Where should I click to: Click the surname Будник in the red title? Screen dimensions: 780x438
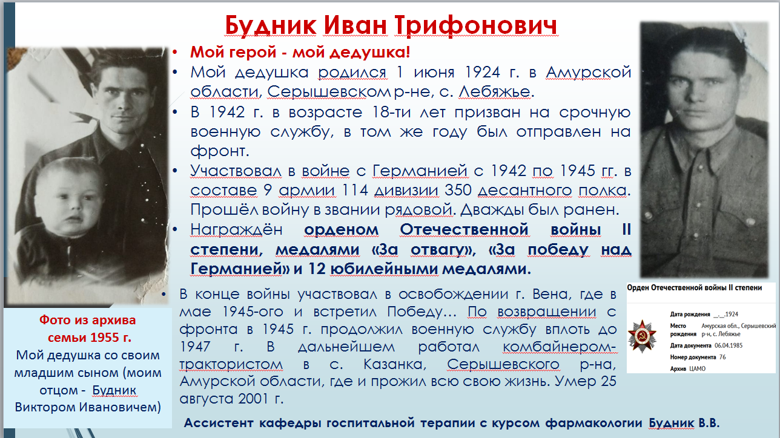[271, 26]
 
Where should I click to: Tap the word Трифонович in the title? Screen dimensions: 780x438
[476, 26]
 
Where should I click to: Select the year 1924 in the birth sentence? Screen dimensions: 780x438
[482, 73]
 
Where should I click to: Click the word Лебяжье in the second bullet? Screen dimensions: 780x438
[494, 92]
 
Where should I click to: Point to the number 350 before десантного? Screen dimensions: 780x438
[457, 191]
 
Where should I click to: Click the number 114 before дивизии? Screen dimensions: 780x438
[354, 191]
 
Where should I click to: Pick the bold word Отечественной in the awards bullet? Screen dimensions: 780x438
[464, 230]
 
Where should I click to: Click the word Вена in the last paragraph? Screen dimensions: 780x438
[551, 295]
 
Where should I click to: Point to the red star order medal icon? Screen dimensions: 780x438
[642, 336]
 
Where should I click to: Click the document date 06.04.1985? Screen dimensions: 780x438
[729, 345]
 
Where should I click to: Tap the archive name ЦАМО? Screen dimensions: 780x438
[698, 369]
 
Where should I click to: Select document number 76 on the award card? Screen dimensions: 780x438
[722, 357]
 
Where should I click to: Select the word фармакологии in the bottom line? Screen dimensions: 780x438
[593, 423]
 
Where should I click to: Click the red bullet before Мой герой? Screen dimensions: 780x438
[175, 53]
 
